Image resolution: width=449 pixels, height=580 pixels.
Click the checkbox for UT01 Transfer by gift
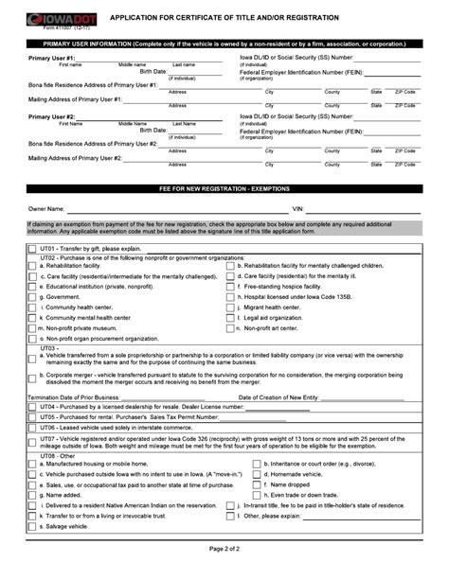pyautogui.click(x=32, y=249)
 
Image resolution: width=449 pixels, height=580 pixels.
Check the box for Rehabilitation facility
pyautogui.click(x=32, y=266)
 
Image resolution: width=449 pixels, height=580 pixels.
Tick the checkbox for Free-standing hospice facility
pyautogui.click(x=231, y=287)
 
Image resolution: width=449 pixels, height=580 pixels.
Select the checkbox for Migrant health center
pyautogui.click(x=231, y=308)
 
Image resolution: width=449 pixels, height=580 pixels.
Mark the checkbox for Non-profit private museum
pyautogui.click(x=32, y=328)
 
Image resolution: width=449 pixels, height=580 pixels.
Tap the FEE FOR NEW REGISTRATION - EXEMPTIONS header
pyautogui.click(x=224, y=189)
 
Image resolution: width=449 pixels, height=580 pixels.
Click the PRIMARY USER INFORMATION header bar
pyautogui.click(x=224, y=44)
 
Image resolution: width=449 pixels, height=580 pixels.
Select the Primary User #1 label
pyautogui.click(x=51, y=59)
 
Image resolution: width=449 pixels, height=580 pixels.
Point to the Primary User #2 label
pyautogui.click(x=51, y=116)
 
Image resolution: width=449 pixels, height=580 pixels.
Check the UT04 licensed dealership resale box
pyautogui.click(x=32, y=407)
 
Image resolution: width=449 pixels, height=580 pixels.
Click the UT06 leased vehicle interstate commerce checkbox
pyautogui.click(x=32, y=427)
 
